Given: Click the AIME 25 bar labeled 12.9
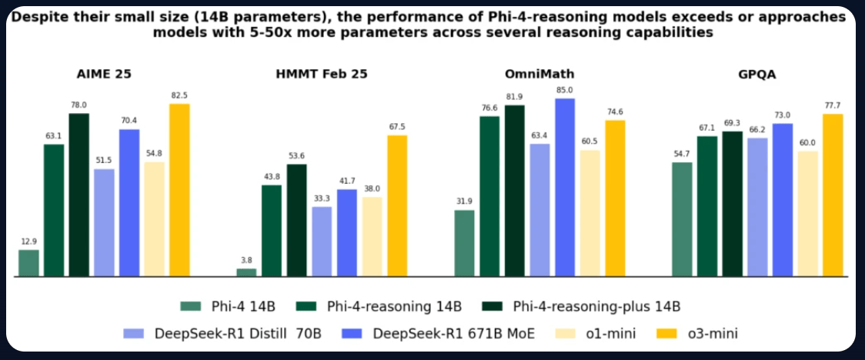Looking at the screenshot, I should (x=28, y=263).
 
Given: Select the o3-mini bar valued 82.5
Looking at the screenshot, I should (x=179, y=190).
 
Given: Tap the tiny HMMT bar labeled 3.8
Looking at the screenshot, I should (x=246, y=272).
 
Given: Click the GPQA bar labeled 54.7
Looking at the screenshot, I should (x=682, y=219).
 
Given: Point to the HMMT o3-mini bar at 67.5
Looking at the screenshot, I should (x=397, y=205).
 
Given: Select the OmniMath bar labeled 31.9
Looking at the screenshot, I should (x=464, y=243).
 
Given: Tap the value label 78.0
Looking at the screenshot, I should (x=78, y=105).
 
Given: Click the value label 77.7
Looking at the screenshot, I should (x=833, y=106).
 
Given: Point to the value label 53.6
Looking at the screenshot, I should (x=296, y=156).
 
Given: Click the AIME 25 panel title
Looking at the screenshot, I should (x=104, y=75).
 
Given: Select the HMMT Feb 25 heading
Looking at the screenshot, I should (x=322, y=75).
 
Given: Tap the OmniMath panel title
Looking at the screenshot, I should (x=539, y=75).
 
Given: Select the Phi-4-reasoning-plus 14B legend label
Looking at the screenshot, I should (x=596, y=306).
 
